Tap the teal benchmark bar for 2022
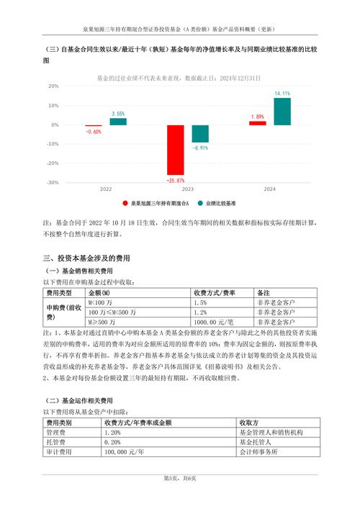coord(118,122)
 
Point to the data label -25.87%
coord(176,180)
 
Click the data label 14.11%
coord(282,94)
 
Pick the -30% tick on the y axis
coord(32,183)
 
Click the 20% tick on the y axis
coord(33,86)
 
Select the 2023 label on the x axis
coord(187,189)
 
